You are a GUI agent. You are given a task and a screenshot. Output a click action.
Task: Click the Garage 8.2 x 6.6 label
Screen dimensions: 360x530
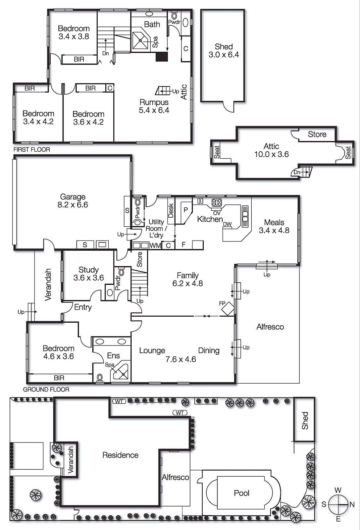pos(73,201)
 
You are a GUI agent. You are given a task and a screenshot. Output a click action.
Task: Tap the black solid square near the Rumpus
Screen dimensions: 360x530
pos(162,57)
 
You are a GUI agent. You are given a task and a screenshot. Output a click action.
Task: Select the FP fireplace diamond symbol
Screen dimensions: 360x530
pos(228,308)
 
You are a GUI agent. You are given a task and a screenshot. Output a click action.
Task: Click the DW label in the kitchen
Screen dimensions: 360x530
pos(227,224)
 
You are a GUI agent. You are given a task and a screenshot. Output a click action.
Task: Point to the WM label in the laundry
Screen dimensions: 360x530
pos(155,245)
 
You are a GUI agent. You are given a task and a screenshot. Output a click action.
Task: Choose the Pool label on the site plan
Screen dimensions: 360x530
pos(241,493)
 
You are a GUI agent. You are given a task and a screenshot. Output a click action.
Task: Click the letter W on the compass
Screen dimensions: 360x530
pos(338,490)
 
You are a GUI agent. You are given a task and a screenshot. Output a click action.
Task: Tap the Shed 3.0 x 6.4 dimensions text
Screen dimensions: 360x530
pos(224,55)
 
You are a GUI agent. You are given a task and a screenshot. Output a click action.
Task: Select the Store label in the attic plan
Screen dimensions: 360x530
pos(317,134)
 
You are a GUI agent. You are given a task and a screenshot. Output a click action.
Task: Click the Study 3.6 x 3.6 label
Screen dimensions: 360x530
pos(88,274)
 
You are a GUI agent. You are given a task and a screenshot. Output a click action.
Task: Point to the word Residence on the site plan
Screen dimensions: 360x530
pos(121,455)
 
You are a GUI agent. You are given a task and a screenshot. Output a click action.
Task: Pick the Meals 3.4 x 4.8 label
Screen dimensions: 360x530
pos(274,226)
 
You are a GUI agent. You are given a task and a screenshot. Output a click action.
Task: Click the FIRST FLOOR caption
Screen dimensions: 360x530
pos(32,149)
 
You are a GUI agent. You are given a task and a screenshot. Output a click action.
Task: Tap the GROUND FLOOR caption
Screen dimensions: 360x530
pos(46,390)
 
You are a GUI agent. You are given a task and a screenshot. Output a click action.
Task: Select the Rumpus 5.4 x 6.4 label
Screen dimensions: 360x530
pos(154,106)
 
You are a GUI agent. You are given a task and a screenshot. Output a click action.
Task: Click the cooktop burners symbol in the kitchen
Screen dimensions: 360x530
pos(217,202)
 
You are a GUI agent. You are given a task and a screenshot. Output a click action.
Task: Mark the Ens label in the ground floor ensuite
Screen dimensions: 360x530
pos(113,355)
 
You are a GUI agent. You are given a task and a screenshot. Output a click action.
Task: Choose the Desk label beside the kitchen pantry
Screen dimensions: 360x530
pos(171,210)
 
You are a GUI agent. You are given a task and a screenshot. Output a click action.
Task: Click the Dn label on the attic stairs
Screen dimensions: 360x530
pos(297,172)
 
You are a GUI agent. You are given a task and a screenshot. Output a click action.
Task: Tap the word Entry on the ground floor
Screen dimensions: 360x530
pos(83,307)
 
